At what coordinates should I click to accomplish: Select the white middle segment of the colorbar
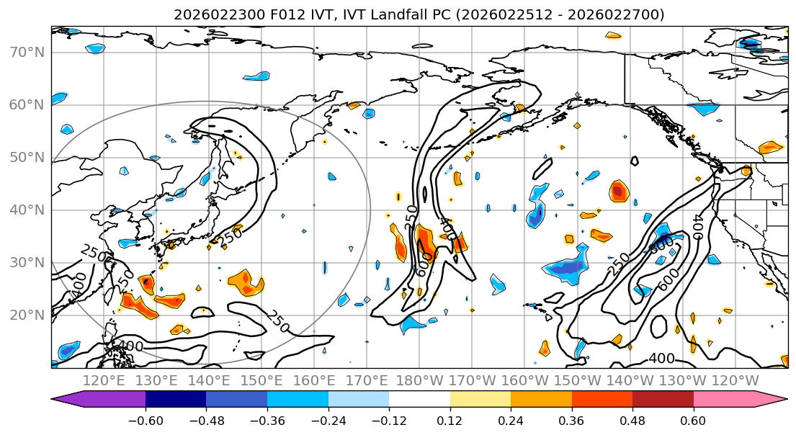(419, 399)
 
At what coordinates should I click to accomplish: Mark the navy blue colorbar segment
(176, 399)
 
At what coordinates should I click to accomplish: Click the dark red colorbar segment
(663, 399)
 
